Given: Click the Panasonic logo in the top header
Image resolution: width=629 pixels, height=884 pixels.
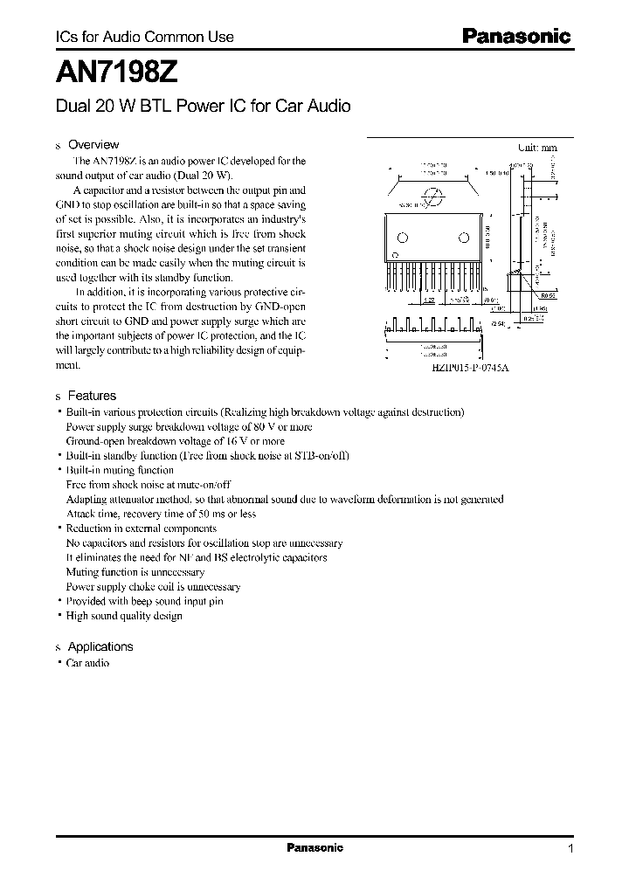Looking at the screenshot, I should (x=515, y=37).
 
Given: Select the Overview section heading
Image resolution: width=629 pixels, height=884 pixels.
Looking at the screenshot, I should (x=93, y=145).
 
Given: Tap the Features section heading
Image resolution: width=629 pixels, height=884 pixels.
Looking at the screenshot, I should (x=92, y=396).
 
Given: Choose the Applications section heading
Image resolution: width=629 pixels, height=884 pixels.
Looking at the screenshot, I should (x=100, y=646).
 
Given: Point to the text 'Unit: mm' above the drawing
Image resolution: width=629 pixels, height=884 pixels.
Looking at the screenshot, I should (x=537, y=148).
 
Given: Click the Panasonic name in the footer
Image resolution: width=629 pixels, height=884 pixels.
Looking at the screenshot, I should (x=315, y=848).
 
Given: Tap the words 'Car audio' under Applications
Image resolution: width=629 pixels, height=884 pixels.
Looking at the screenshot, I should (x=87, y=663).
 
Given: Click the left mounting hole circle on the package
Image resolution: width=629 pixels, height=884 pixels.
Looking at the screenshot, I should (x=403, y=238).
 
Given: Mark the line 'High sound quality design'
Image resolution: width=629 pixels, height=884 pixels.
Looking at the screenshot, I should (x=124, y=616).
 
